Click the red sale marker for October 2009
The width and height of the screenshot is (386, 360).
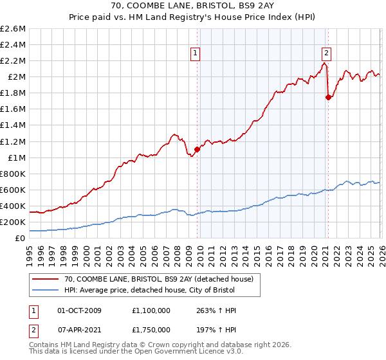click(x=197, y=149)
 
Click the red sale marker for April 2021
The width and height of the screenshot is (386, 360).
click(x=329, y=97)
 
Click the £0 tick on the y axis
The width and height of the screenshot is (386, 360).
click(x=21, y=238)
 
